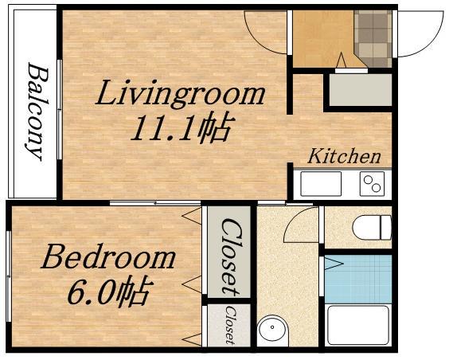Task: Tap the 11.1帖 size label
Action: (x=181, y=128)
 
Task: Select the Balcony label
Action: (x=37, y=112)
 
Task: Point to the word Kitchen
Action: (x=344, y=156)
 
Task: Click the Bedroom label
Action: (x=108, y=256)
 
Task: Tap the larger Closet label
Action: (x=232, y=256)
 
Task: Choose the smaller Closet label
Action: (x=231, y=324)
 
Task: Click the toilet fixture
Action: (x=372, y=228)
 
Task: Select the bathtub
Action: (x=359, y=325)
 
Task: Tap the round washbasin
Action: (x=272, y=327)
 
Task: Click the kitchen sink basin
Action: (x=321, y=183)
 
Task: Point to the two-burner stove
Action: (x=372, y=183)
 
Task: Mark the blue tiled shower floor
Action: (x=358, y=279)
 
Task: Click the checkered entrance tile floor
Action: (x=373, y=38)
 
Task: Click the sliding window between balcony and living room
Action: (x=60, y=109)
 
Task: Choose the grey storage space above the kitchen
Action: (x=360, y=90)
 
